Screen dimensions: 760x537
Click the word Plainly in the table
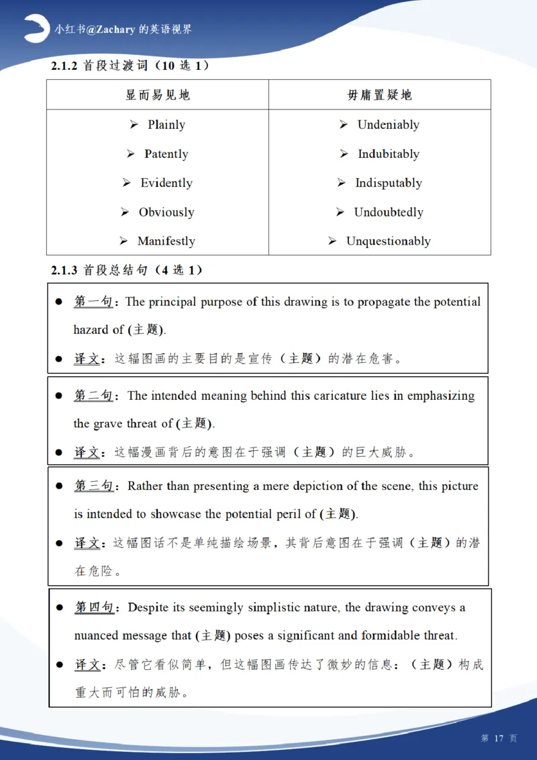[x=166, y=125]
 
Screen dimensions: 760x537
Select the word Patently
[x=166, y=154]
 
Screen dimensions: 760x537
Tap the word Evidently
[x=166, y=183]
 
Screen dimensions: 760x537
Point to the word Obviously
[x=166, y=212]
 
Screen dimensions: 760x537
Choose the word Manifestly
[x=166, y=241]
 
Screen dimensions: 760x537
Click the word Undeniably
[x=388, y=125]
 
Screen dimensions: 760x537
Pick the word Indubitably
[x=388, y=154]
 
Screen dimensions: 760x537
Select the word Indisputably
[x=389, y=183]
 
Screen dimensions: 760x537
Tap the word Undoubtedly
[x=389, y=212]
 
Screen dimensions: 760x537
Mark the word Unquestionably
[x=388, y=241]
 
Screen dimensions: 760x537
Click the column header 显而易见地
[x=158, y=95]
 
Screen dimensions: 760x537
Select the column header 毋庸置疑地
[x=379, y=95]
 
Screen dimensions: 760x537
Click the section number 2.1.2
[x=65, y=66]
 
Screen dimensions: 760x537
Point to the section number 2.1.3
[x=65, y=270]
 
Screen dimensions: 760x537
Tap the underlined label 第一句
[x=93, y=302]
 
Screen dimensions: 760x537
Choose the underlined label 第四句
[x=93, y=607]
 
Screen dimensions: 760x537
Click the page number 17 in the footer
[x=498, y=738]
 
